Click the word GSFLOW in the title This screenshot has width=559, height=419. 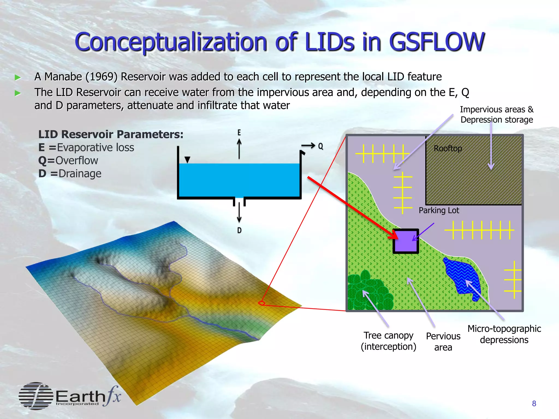pos(437,42)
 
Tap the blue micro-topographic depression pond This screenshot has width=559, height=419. pos(461,277)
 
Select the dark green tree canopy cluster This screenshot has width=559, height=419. pos(368,292)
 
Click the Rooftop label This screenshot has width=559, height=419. pos(448,148)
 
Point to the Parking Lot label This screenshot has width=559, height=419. pos(439,210)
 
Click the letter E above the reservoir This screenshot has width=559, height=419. pos(239,133)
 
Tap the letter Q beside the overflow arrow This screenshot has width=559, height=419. pos(321,146)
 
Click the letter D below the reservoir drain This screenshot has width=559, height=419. pos(239,231)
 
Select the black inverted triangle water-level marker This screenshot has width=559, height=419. pos(187,160)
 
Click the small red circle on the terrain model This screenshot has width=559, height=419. pos(261,303)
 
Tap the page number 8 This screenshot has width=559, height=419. pos(534,403)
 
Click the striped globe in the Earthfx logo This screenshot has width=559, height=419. pos(35,396)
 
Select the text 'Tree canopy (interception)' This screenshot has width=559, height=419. pos(388,341)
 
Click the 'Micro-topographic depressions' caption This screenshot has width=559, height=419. pos(504,334)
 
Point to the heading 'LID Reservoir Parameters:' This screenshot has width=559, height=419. pos(111,134)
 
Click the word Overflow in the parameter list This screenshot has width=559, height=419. pos(77,161)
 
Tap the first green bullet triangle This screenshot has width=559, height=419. pos(18,77)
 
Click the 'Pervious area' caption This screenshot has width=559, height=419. pos(443,342)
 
